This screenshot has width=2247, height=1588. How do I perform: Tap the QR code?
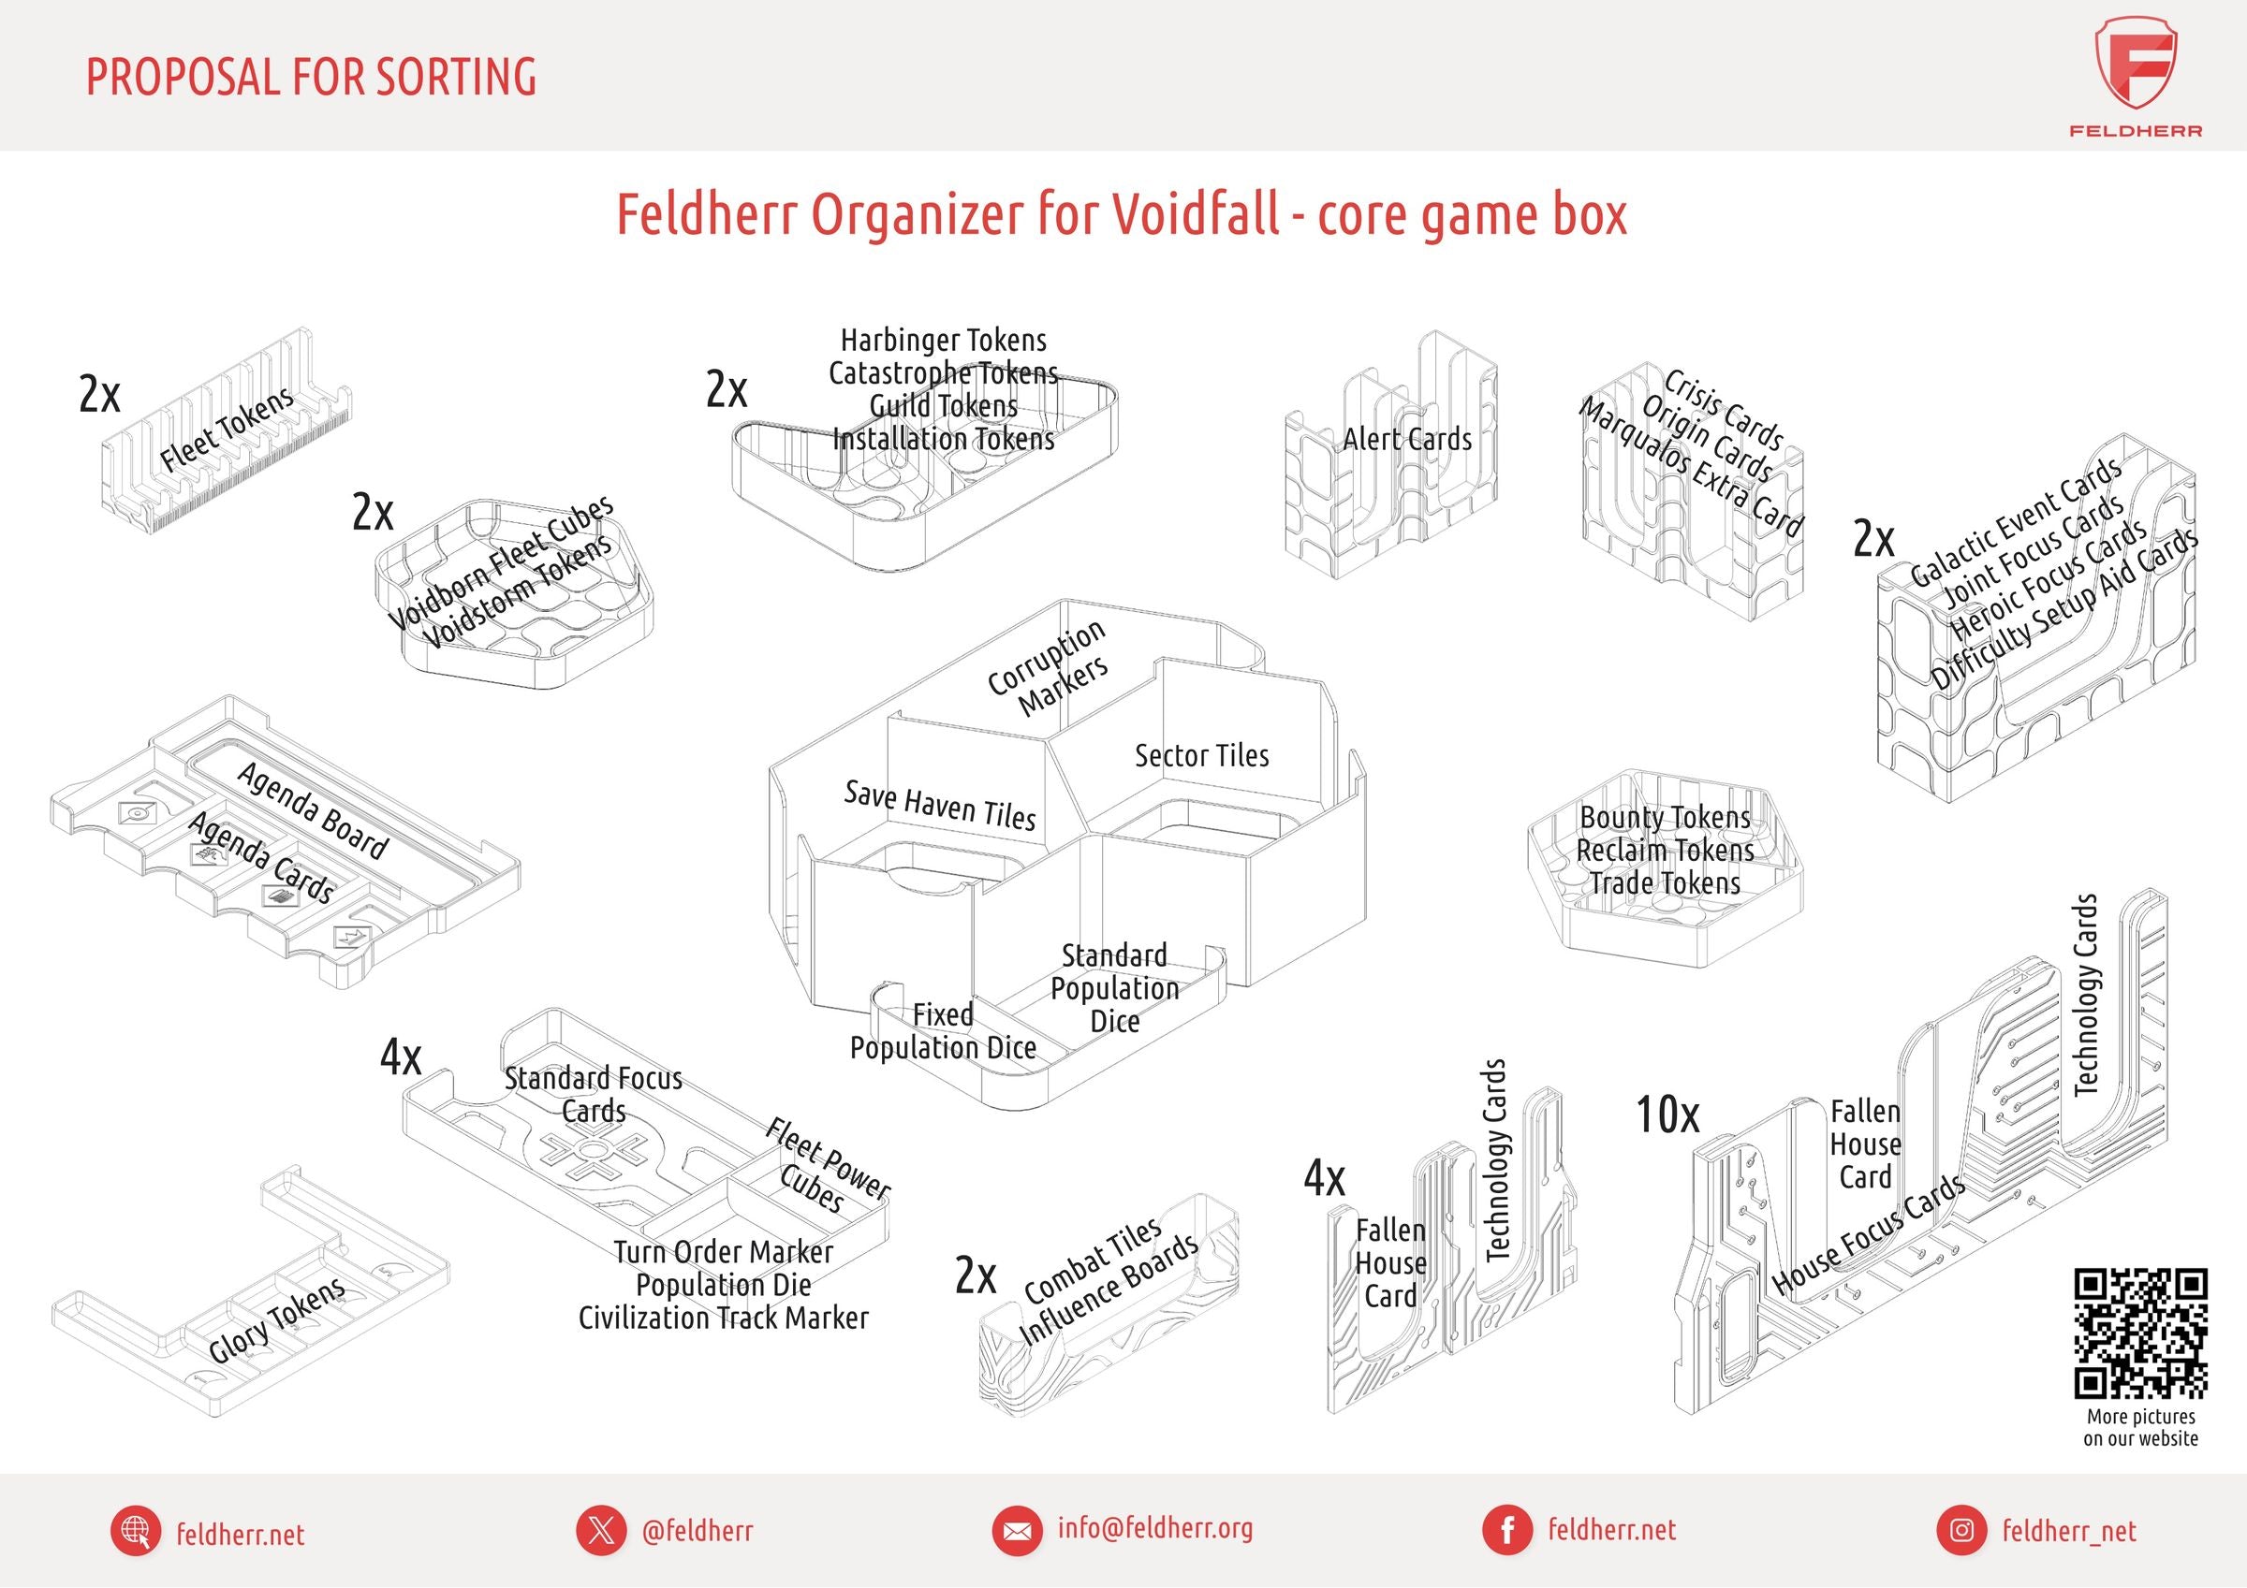[x=2140, y=1333]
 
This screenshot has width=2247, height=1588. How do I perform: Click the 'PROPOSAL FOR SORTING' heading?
[x=311, y=77]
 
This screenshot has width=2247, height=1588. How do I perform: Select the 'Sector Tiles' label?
[x=1202, y=755]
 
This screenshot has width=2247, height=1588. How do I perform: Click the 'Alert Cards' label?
[x=1407, y=439]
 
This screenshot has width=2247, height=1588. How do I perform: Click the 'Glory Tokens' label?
[x=277, y=1321]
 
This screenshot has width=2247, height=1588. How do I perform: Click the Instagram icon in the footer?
[x=1961, y=1530]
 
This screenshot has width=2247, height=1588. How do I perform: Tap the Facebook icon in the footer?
[x=1508, y=1530]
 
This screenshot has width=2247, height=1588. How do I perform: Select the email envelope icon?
[x=1018, y=1530]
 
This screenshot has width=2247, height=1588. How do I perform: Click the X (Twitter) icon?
[x=601, y=1530]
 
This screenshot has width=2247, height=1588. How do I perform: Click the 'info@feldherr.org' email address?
[x=1154, y=1528]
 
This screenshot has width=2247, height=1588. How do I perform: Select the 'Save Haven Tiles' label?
[x=939, y=807]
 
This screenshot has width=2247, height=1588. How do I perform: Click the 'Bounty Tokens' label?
[x=1665, y=817]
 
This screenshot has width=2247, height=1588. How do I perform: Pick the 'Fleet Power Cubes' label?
[x=827, y=1166]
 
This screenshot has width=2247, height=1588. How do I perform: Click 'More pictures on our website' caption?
[x=2140, y=1428]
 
